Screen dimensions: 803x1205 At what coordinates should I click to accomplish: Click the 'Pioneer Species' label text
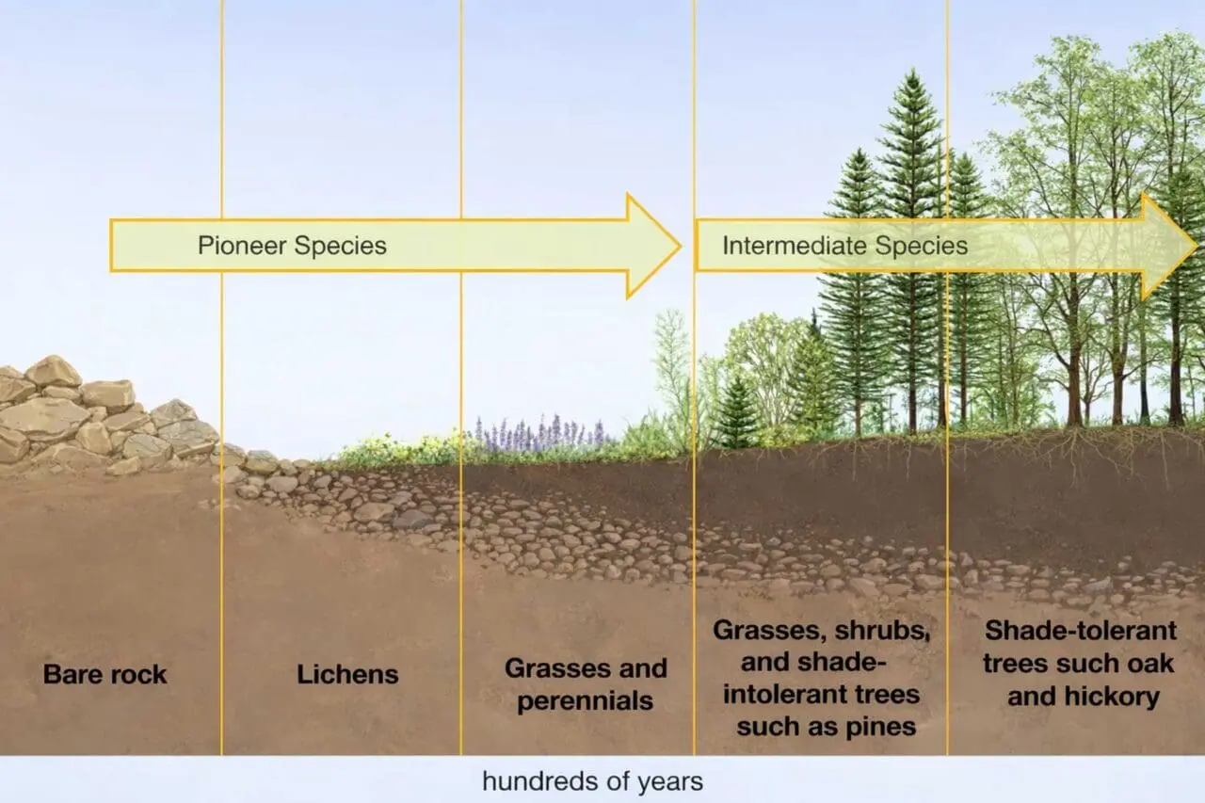click(292, 247)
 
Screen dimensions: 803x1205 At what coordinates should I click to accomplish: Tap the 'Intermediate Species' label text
click(844, 247)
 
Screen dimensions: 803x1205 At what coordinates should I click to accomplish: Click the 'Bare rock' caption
click(104, 674)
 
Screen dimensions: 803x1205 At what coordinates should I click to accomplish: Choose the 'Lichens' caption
click(347, 674)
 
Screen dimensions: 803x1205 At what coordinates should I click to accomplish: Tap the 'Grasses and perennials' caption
click(586, 684)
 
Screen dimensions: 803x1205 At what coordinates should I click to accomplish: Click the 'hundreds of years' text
click(592, 781)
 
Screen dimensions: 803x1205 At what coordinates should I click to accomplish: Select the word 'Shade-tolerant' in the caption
click(1080, 631)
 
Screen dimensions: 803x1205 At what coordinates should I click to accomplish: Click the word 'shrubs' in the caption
click(882, 631)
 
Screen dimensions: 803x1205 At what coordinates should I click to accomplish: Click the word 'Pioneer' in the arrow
click(241, 247)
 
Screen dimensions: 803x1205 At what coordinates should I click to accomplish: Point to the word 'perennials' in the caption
click(585, 701)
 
